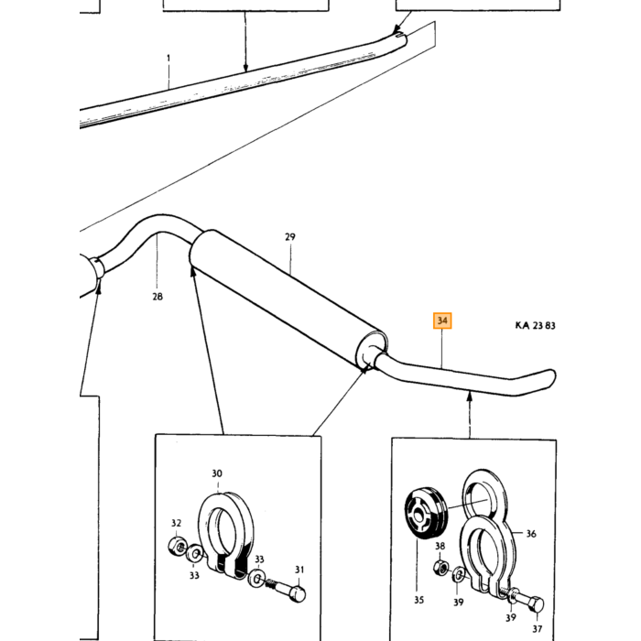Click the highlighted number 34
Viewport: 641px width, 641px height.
pyautogui.click(x=442, y=320)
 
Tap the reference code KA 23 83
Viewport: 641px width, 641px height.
pyautogui.click(x=535, y=325)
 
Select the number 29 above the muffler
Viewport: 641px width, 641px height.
pyautogui.click(x=290, y=236)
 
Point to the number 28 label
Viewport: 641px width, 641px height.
pyautogui.click(x=158, y=297)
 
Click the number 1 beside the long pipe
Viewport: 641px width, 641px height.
pyautogui.click(x=168, y=59)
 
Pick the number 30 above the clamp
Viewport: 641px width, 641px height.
pyautogui.click(x=217, y=473)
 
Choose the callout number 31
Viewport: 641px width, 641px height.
pyautogui.click(x=299, y=570)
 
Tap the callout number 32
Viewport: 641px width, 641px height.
pyautogui.click(x=176, y=523)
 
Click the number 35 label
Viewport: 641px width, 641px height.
pyautogui.click(x=419, y=600)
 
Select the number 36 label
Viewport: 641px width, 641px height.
pyautogui.click(x=531, y=534)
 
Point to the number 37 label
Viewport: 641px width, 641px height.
pyautogui.click(x=538, y=629)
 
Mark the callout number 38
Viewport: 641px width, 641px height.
pyautogui.click(x=440, y=546)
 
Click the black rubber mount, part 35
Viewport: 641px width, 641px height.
pyautogui.click(x=426, y=514)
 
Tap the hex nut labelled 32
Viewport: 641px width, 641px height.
pyautogui.click(x=178, y=547)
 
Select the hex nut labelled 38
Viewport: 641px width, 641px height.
pyautogui.click(x=441, y=568)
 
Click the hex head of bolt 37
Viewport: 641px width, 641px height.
pyautogui.click(x=536, y=604)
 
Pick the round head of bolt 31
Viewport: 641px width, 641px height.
pyautogui.click(x=298, y=594)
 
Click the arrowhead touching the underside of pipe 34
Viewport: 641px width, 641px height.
pyautogui.click(x=470, y=395)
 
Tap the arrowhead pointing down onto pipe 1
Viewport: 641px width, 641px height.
pyautogui.click(x=245, y=68)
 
